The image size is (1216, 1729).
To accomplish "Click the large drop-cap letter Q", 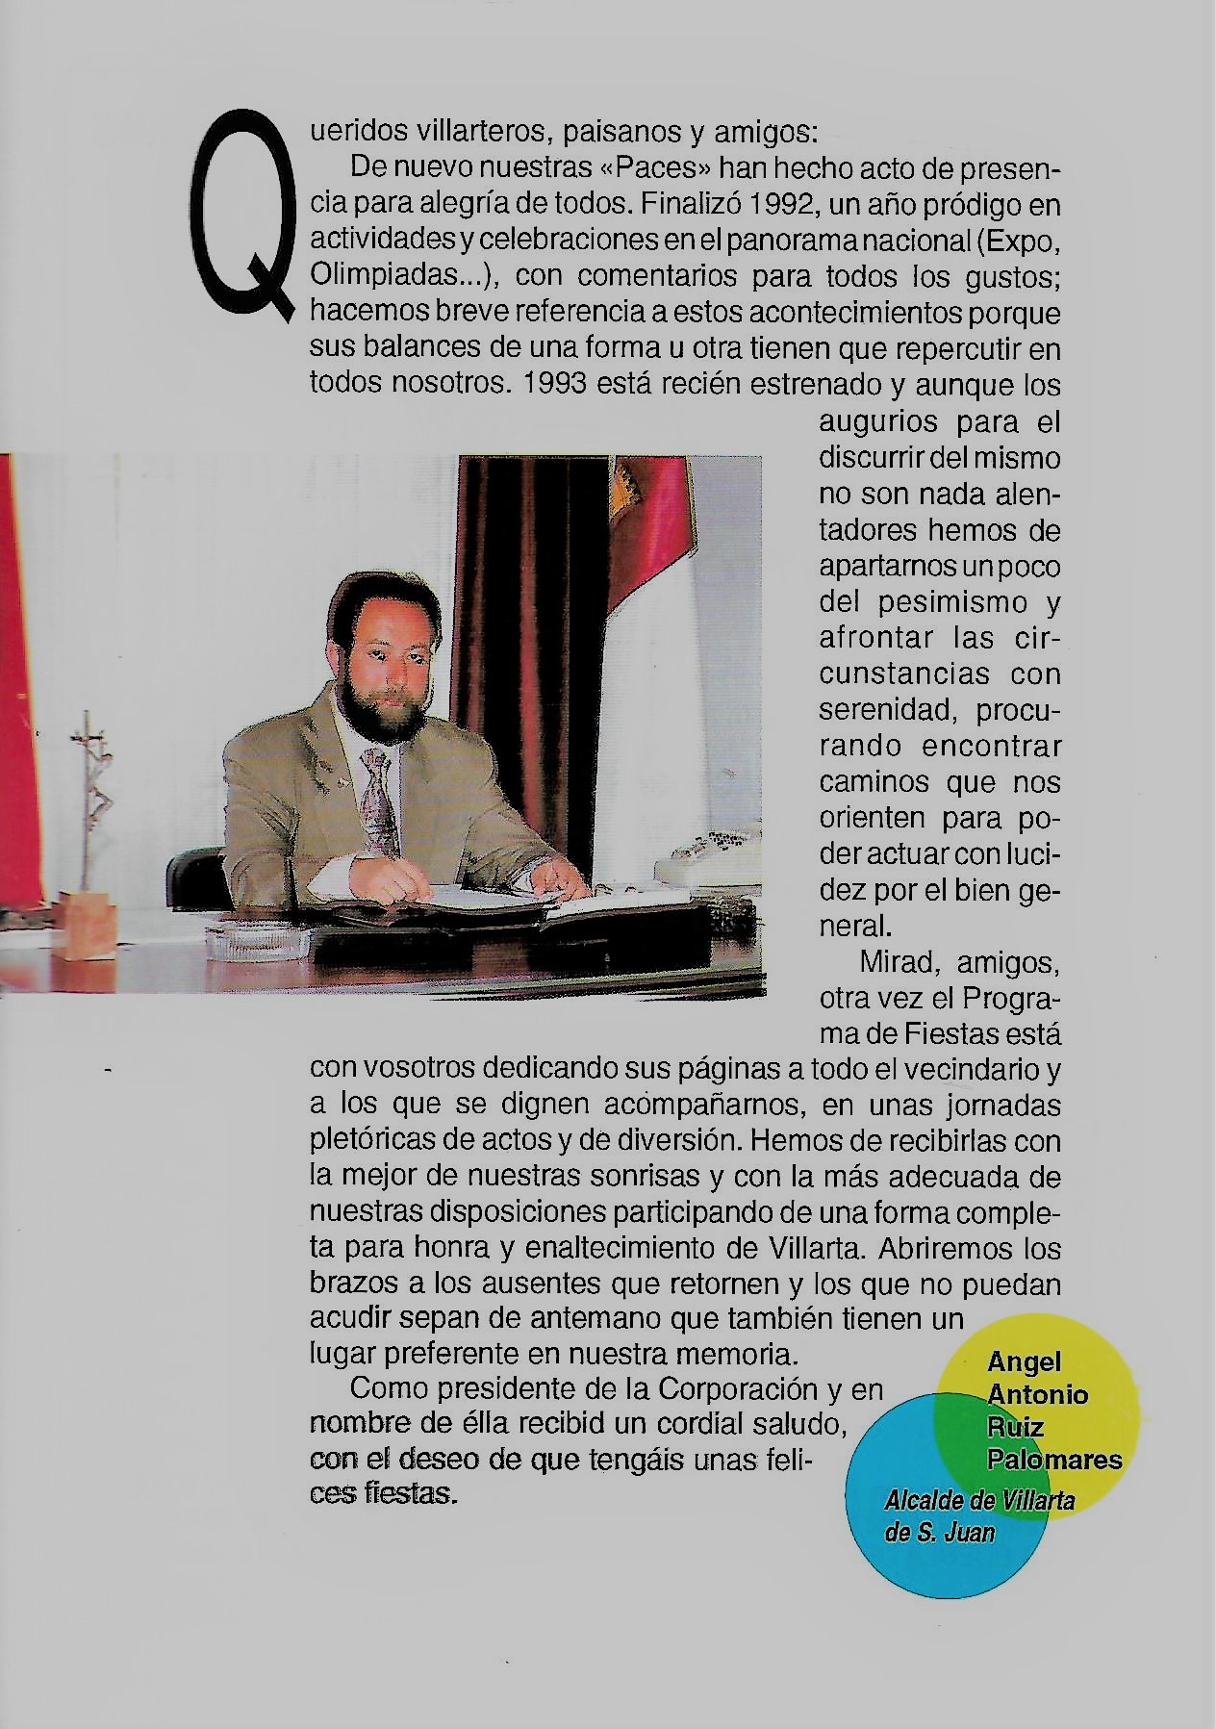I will coord(245,216).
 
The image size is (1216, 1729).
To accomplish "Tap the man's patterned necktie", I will coord(379,799).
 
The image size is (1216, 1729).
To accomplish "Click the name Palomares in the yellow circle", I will coord(1054,1460).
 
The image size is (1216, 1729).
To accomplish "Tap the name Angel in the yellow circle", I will coord(1024,1361).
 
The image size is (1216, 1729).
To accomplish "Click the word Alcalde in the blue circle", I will coord(925,1500).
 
